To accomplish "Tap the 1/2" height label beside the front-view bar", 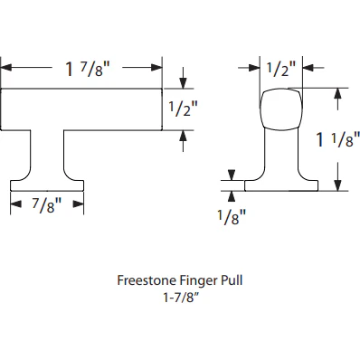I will pyautogui.click(x=184, y=109).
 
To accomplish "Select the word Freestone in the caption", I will pyautogui.click(x=147, y=280).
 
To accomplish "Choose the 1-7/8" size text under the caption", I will pyautogui.click(x=180, y=296).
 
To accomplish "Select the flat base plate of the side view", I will pyautogui.click(x=281, y=186).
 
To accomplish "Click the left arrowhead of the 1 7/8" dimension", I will pyautogui.click(x=5, y=68).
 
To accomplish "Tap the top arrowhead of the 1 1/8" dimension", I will pyautogui.click(x=338, y=91).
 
